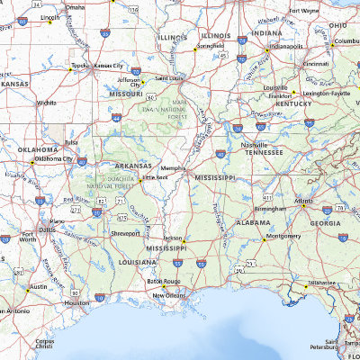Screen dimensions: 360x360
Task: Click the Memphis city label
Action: (173, 167)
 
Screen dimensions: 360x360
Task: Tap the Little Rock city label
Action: (156, 178)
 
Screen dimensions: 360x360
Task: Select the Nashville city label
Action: (255, 144)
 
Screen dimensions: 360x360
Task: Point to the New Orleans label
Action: (169, 294)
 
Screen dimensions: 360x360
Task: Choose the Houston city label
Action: (77, 303)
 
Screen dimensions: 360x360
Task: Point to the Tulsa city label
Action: (71, 141)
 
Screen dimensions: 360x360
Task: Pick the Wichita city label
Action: (47, 103)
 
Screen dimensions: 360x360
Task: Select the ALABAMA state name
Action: (254, 221)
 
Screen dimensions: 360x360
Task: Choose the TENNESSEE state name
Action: (265, 152)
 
